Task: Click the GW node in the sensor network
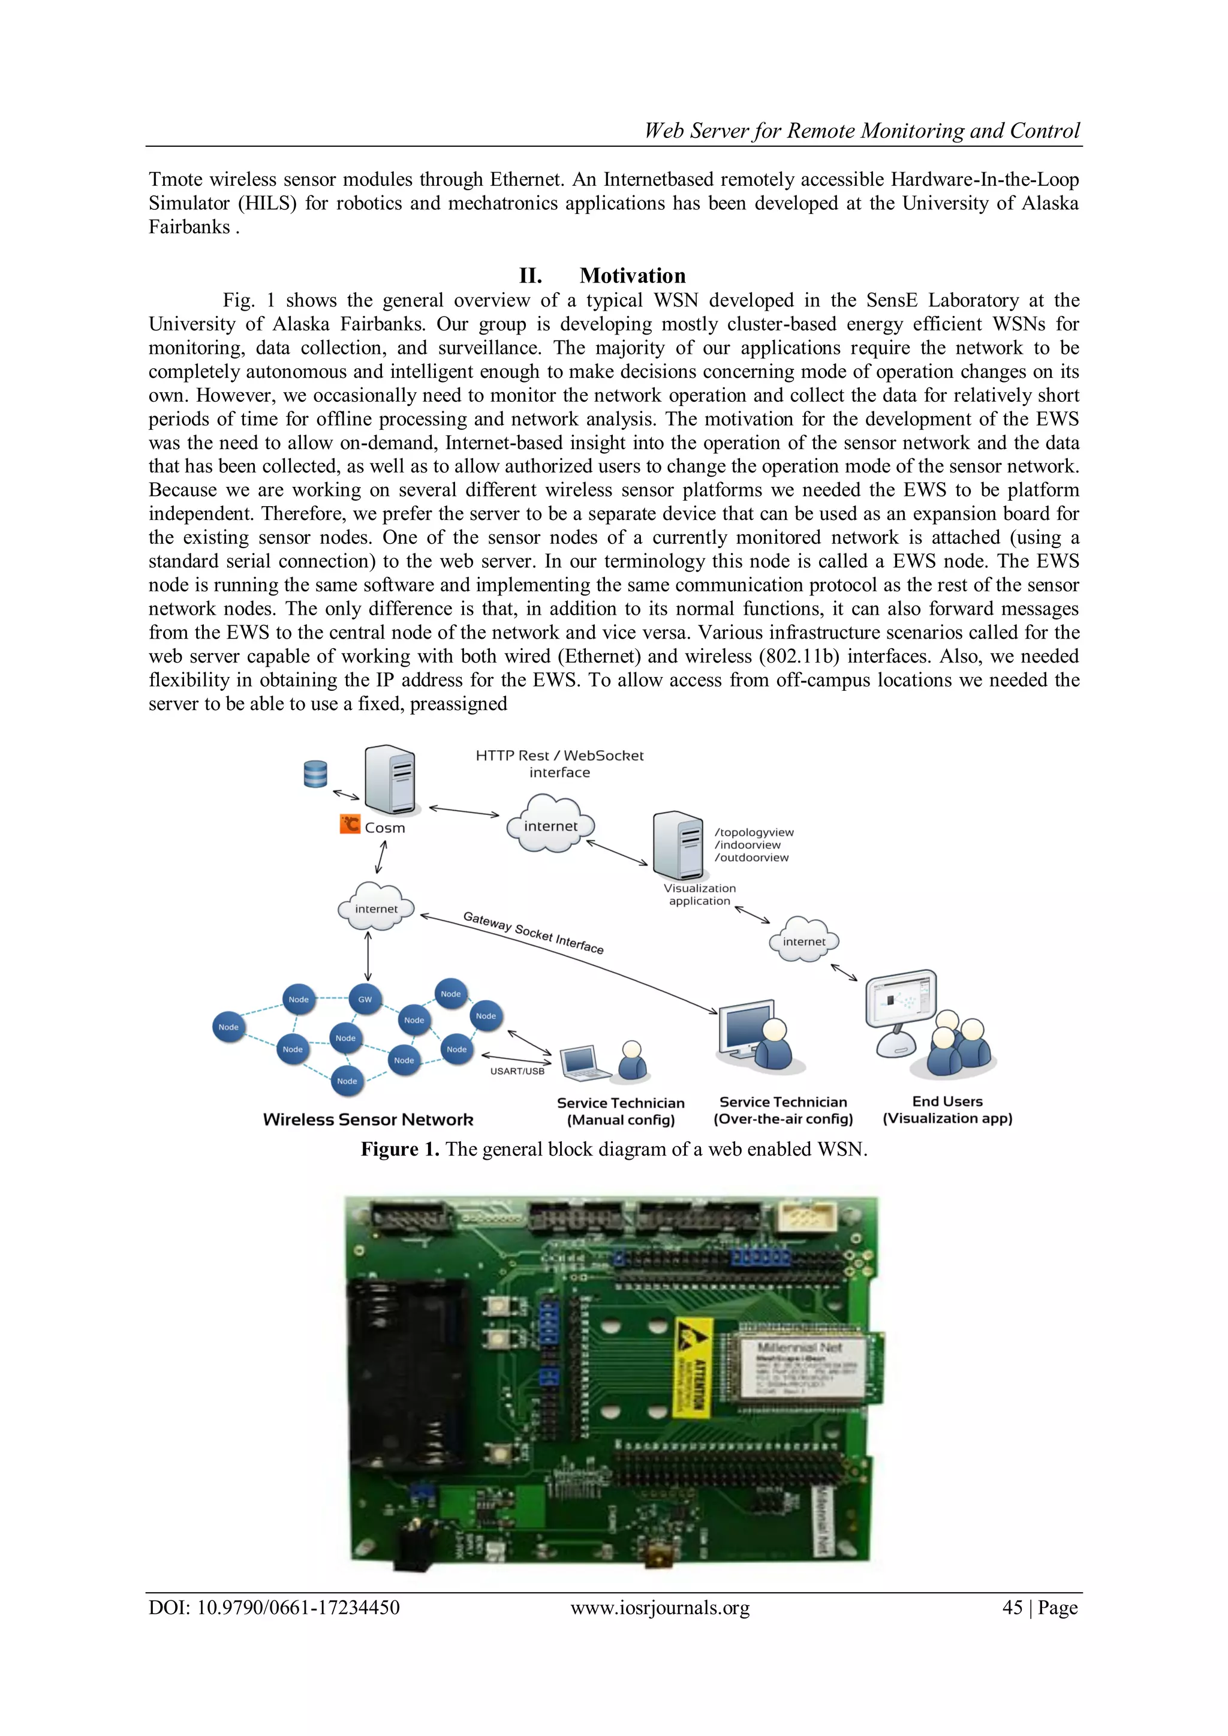point(365,999)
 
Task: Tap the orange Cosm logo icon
point(350,823)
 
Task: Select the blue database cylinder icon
point(315,774)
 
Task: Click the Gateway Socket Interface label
point(533,932)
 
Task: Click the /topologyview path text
point(754,832)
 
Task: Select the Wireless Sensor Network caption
point(368,1120)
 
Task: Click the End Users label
point(947,1102)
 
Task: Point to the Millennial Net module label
point(800,1347)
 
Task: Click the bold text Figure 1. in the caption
point(399,1150)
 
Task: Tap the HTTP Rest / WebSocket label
point(559,756)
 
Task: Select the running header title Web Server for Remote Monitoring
point(862,131)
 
